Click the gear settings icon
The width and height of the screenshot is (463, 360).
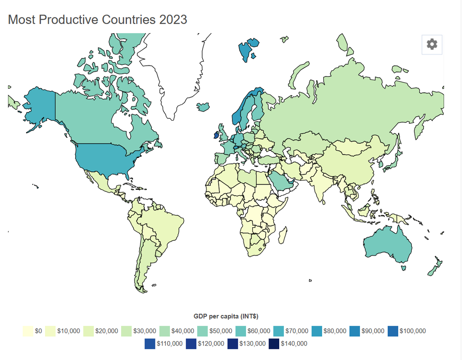click(431, 44)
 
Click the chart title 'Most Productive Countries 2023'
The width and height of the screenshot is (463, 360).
click(97, 20)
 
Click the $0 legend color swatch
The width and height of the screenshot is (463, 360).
click(28, 331)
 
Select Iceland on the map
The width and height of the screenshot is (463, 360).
click(203, 107)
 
